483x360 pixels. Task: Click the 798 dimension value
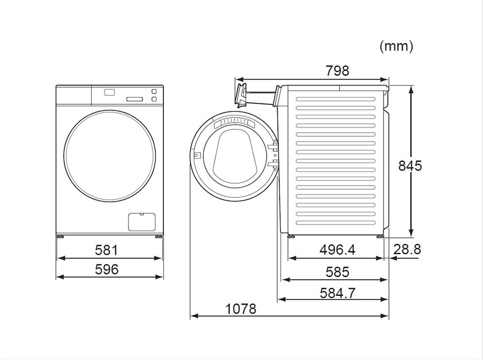[338, 71]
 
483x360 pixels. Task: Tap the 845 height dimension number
[410, 165]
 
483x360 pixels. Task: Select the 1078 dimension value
[241, 309]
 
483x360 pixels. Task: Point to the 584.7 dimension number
[338, 293]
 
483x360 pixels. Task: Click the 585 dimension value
[338, 272]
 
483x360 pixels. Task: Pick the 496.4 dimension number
[338, 250]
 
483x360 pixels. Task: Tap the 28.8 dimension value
[407, 249]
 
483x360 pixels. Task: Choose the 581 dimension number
[106, 250]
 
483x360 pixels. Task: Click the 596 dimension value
[106, 269]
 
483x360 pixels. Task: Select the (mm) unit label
[396, 46]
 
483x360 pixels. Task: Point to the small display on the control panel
[109, 91]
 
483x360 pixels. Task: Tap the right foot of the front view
[159, 237]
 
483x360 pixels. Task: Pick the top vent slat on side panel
[336, 99]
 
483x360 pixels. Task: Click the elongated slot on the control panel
[135, 99]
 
